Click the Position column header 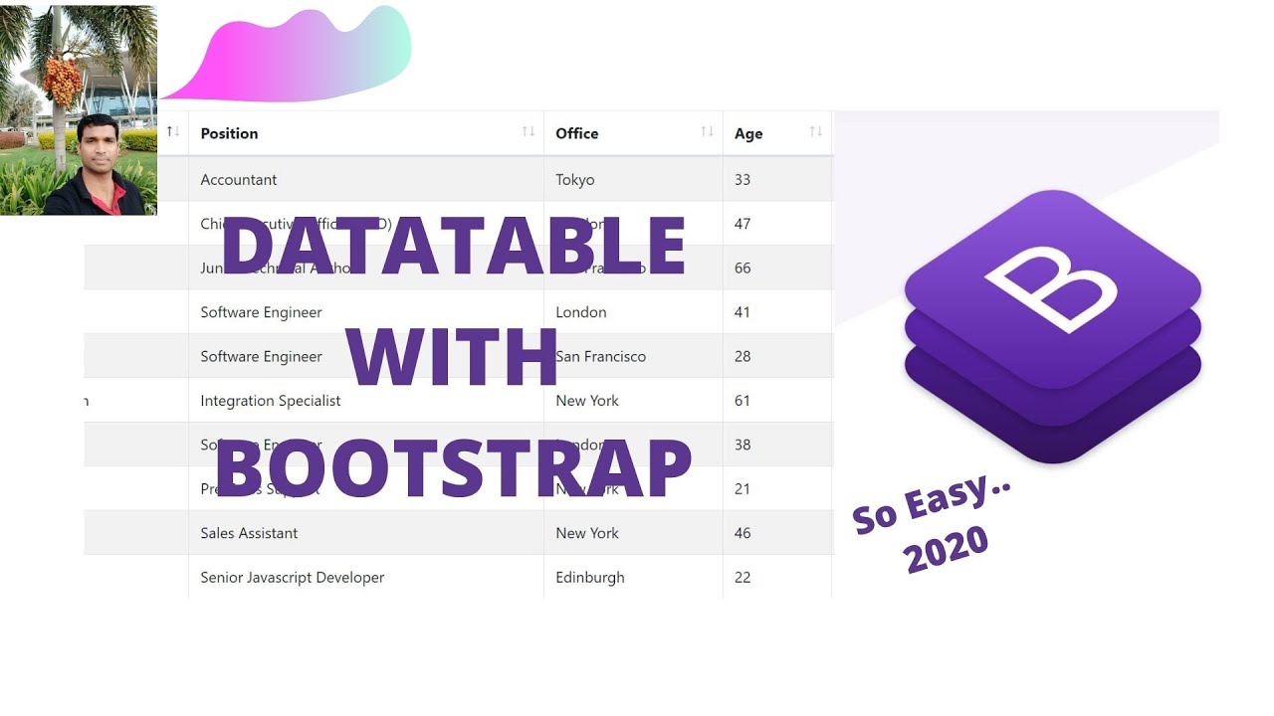coord(230,133)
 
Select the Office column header coord(577,133)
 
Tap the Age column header coord(748,133)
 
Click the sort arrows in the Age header coord(815,132)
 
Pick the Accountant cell coord(239,180)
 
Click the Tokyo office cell coord(575,180)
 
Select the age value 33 coord(743,180)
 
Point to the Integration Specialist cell coord(271,401)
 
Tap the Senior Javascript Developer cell coord(293,578)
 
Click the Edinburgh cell coord(590,578)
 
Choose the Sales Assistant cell coord(249,533)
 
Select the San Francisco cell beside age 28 coord(601,356)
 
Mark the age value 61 coord(743,401)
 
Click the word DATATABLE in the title coord(453,247)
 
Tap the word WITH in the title coord(453,357)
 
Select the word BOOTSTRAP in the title coord(453,469)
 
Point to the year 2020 coord(946,549)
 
